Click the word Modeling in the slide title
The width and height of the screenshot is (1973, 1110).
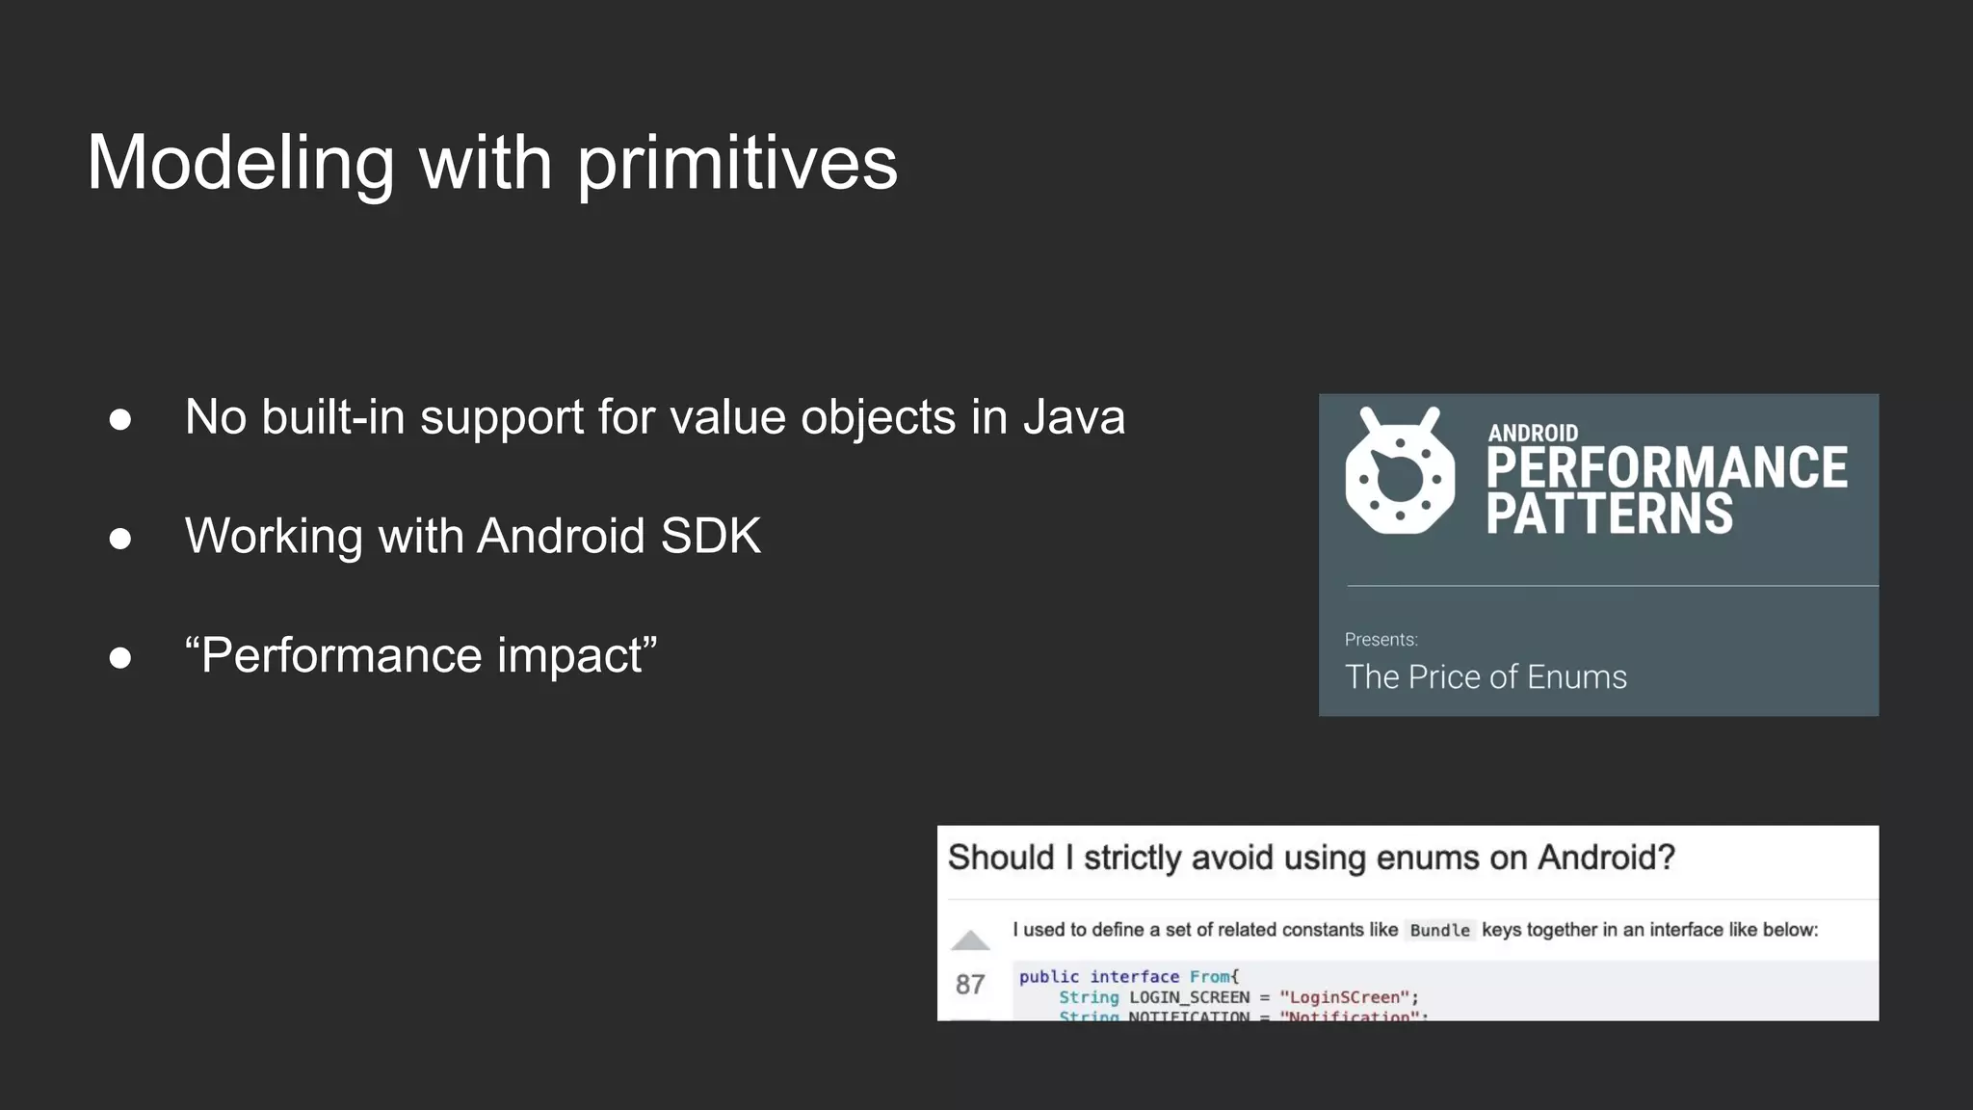pyautogui.click(x=241, y=164)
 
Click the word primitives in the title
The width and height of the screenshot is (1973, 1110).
pyautogui.click(x=737, y=164)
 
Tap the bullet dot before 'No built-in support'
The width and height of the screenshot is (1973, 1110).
pyautogui.click(x=120, y=419)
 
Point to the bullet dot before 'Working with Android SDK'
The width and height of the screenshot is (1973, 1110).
pyautogui.click(x=120, y=538)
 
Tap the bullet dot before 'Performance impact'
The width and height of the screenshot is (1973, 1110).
pyautogui.click(x=120, y=657)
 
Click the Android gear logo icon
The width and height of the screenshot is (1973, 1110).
pyautogui.click(x=1400, y=471)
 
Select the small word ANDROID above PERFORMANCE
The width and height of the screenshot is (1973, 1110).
pyautogui.click(x=1533, y=433)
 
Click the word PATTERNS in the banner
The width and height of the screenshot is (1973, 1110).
pyautogui.click(x=1609, y=514)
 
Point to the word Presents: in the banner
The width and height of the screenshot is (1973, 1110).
pyautogui.click(x=1381, y=640)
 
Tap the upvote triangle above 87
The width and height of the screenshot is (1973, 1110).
pyautogui.click(x=970, y=940)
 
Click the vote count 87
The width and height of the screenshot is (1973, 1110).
pyautogui.click(x=970, y=984)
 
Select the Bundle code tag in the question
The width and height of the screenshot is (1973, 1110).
pyautogui.click(x=1439, y=930)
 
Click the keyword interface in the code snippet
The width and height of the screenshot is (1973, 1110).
pyautogui.click(x=1134, y=976)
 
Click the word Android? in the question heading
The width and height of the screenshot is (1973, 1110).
pyautogui.click(x=1606, y=858)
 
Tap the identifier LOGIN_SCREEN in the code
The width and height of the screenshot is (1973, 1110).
pyautogui.click(x=1189, y=997)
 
